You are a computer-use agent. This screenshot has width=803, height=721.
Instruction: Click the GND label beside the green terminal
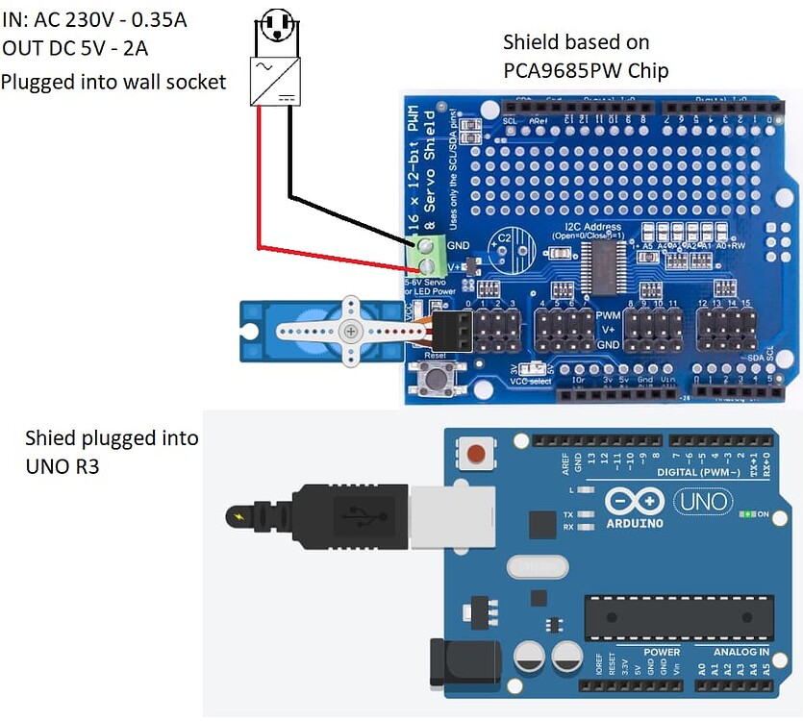[459, 245]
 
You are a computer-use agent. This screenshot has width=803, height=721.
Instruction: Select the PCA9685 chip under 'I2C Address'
[602, 261]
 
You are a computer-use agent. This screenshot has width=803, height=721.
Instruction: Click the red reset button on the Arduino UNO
[474, 452]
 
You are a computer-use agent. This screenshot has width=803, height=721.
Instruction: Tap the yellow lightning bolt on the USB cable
[238, 517]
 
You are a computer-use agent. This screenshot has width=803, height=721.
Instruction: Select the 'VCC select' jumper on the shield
[532, 368]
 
